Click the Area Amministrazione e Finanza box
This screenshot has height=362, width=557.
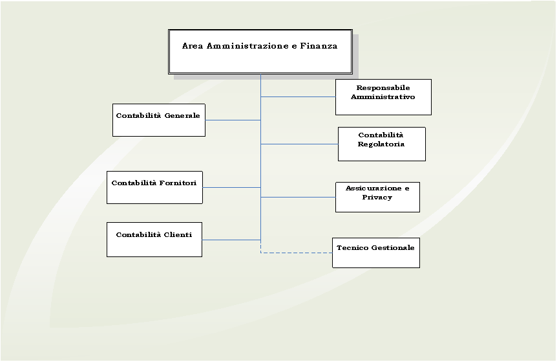[260, 52]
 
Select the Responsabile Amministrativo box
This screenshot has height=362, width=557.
[383, 97]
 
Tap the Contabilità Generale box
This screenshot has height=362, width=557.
[159, 120]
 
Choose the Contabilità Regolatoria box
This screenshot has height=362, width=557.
[381, 144]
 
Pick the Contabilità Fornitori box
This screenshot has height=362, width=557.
[154, 187]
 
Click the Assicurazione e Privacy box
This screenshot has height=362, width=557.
[377, 198]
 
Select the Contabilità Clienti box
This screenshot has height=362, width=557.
[154, 240]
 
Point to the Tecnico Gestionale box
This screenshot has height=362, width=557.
[376, 253]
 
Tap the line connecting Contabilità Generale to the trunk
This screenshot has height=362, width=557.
[233, 120]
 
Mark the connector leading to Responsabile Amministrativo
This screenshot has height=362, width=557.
[298, 97]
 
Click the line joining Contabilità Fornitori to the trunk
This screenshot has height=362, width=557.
[231, 187]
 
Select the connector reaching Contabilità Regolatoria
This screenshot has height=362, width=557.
[299, 144]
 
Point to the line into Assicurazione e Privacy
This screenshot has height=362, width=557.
[298, 197]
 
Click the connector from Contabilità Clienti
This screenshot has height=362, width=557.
[231, 240]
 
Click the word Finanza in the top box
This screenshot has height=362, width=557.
[319, 46]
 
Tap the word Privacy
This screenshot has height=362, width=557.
[377, 198]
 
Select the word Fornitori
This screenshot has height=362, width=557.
[178, 183]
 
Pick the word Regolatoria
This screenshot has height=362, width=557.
[381, 144]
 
